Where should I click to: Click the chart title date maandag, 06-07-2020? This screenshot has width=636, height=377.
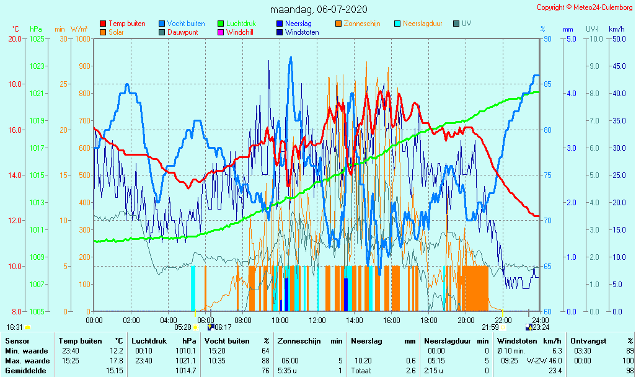click(x=319, y=9)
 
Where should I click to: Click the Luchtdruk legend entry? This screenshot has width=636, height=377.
click(x=241, y=24)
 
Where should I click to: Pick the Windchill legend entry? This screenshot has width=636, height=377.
click(x=239, y=32)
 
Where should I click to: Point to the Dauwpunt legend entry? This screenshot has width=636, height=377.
click(x=182, y=32)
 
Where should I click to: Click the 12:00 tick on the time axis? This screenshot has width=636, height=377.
click(x=317, y=320)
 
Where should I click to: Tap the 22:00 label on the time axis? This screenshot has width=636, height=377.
click(x=503, y=320)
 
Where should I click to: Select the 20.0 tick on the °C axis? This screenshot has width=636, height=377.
click(x=15, y=38)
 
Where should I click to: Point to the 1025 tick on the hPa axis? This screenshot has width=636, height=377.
click(x=37, y=38)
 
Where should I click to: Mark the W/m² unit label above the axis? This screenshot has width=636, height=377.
click(x=79, y=29)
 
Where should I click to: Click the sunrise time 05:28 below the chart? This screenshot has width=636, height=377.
click(x=182, y=327)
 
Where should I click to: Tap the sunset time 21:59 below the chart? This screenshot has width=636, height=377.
click(x=490, y=327)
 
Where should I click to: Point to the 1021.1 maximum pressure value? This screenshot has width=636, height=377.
click(x=187, y=361)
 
